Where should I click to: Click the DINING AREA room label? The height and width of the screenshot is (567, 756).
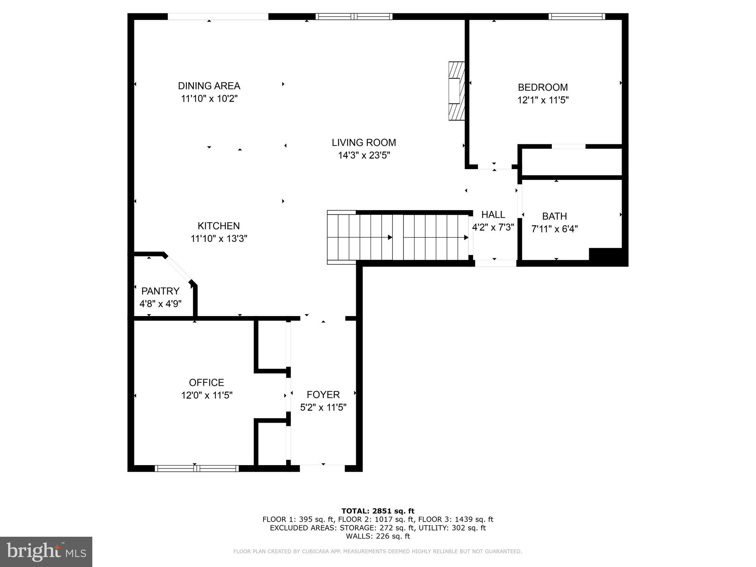click(209, 86)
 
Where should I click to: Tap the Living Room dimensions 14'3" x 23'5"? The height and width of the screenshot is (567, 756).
click(364, 155)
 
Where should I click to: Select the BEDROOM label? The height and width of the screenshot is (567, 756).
click(543, 87)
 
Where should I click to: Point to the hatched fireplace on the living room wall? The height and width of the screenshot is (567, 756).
click(456, 91)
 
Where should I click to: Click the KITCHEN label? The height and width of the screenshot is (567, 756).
click(219, 226)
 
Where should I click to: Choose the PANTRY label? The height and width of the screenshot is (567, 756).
click(160, 291)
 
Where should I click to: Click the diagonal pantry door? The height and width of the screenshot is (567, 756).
click(178, 269)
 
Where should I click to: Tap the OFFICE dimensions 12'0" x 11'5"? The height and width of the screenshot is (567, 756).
click(207, 395)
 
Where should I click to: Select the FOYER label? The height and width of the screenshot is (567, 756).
click(323, 395)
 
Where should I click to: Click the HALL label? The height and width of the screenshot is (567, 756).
click(493, 214)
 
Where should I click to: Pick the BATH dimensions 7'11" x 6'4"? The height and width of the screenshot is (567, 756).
click(554, 229)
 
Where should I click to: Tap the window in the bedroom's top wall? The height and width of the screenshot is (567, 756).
click(577, 16)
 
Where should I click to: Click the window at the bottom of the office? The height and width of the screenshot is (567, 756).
click(196, 468)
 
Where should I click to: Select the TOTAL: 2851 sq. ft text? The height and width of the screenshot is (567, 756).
click(378, 511)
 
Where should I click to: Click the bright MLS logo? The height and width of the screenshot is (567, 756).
click(46, 552)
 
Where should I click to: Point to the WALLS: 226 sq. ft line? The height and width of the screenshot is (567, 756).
click(378, 536)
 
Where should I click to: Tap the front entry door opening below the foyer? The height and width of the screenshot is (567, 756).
click(322, 468)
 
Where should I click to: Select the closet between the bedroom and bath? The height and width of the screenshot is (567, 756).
click(572, 162)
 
